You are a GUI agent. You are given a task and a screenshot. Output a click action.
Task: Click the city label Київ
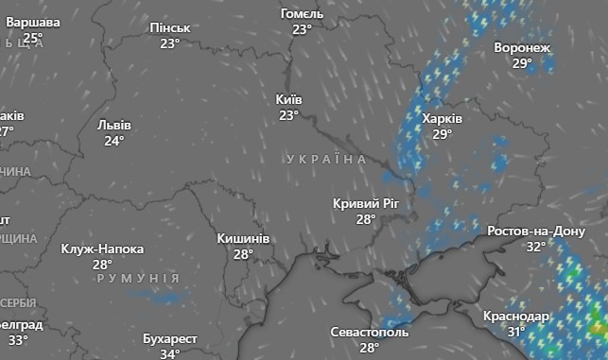tap(289, 99)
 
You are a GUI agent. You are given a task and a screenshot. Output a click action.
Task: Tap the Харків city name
tap(442, 119)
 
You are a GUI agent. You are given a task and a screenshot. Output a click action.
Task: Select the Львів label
tap(114, 125)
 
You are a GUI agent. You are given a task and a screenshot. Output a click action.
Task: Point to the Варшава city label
tap(33, 23)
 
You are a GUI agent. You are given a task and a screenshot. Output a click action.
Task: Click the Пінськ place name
tap(170, 28)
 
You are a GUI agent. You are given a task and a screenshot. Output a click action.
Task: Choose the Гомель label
tap(303, 14)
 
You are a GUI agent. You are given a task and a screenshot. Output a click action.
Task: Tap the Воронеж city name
tap(522, 48)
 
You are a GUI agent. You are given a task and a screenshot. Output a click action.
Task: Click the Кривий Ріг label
tap(367, 203)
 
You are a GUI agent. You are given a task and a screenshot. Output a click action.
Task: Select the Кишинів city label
tap(243, 238)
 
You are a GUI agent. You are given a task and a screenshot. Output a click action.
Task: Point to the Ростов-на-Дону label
tap(536, 231)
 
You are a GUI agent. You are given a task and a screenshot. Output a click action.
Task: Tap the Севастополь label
tap(370, 333)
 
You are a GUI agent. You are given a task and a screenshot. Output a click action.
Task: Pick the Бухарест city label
tap(170, 338)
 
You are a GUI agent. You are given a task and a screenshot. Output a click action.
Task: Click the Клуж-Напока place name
tap(102, 249)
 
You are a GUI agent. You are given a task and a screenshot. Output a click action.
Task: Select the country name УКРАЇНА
tap(325, 161)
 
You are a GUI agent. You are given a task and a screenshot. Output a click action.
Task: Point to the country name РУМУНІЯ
tap(137, 279)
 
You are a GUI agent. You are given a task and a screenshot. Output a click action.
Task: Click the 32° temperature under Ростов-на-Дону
tap(536, 247)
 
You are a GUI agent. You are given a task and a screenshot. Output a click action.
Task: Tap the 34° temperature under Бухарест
tap(170, 353)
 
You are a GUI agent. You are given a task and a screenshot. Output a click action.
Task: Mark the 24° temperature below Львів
tap(114, 141)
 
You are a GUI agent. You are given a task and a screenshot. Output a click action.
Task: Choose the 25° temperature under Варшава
tap(33, 38)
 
